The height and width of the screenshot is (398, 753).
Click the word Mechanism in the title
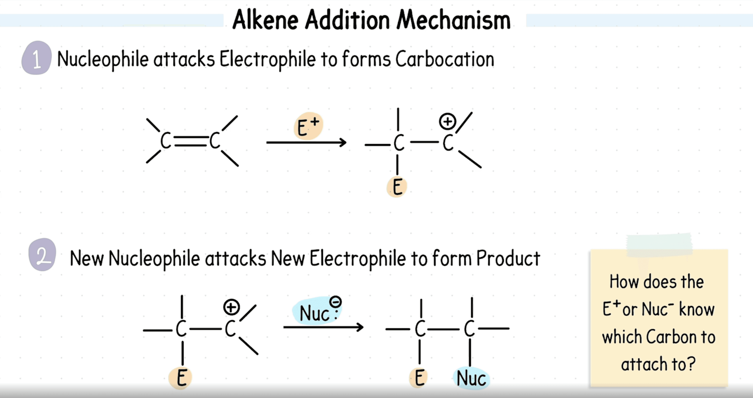453,20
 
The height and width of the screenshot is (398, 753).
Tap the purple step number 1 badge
37,58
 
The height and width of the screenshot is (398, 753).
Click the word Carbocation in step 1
445,59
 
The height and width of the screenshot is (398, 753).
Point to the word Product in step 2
508,258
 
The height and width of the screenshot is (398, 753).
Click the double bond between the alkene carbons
190,141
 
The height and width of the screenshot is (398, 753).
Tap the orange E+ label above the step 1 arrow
308,127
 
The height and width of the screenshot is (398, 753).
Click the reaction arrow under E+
306,142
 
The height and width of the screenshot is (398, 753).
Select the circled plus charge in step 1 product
447,121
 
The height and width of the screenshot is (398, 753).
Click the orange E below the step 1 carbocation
397,187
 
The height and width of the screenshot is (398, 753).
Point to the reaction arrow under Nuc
323,327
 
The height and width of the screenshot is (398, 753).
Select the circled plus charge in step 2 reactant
231,307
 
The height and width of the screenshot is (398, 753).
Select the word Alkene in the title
266,20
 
